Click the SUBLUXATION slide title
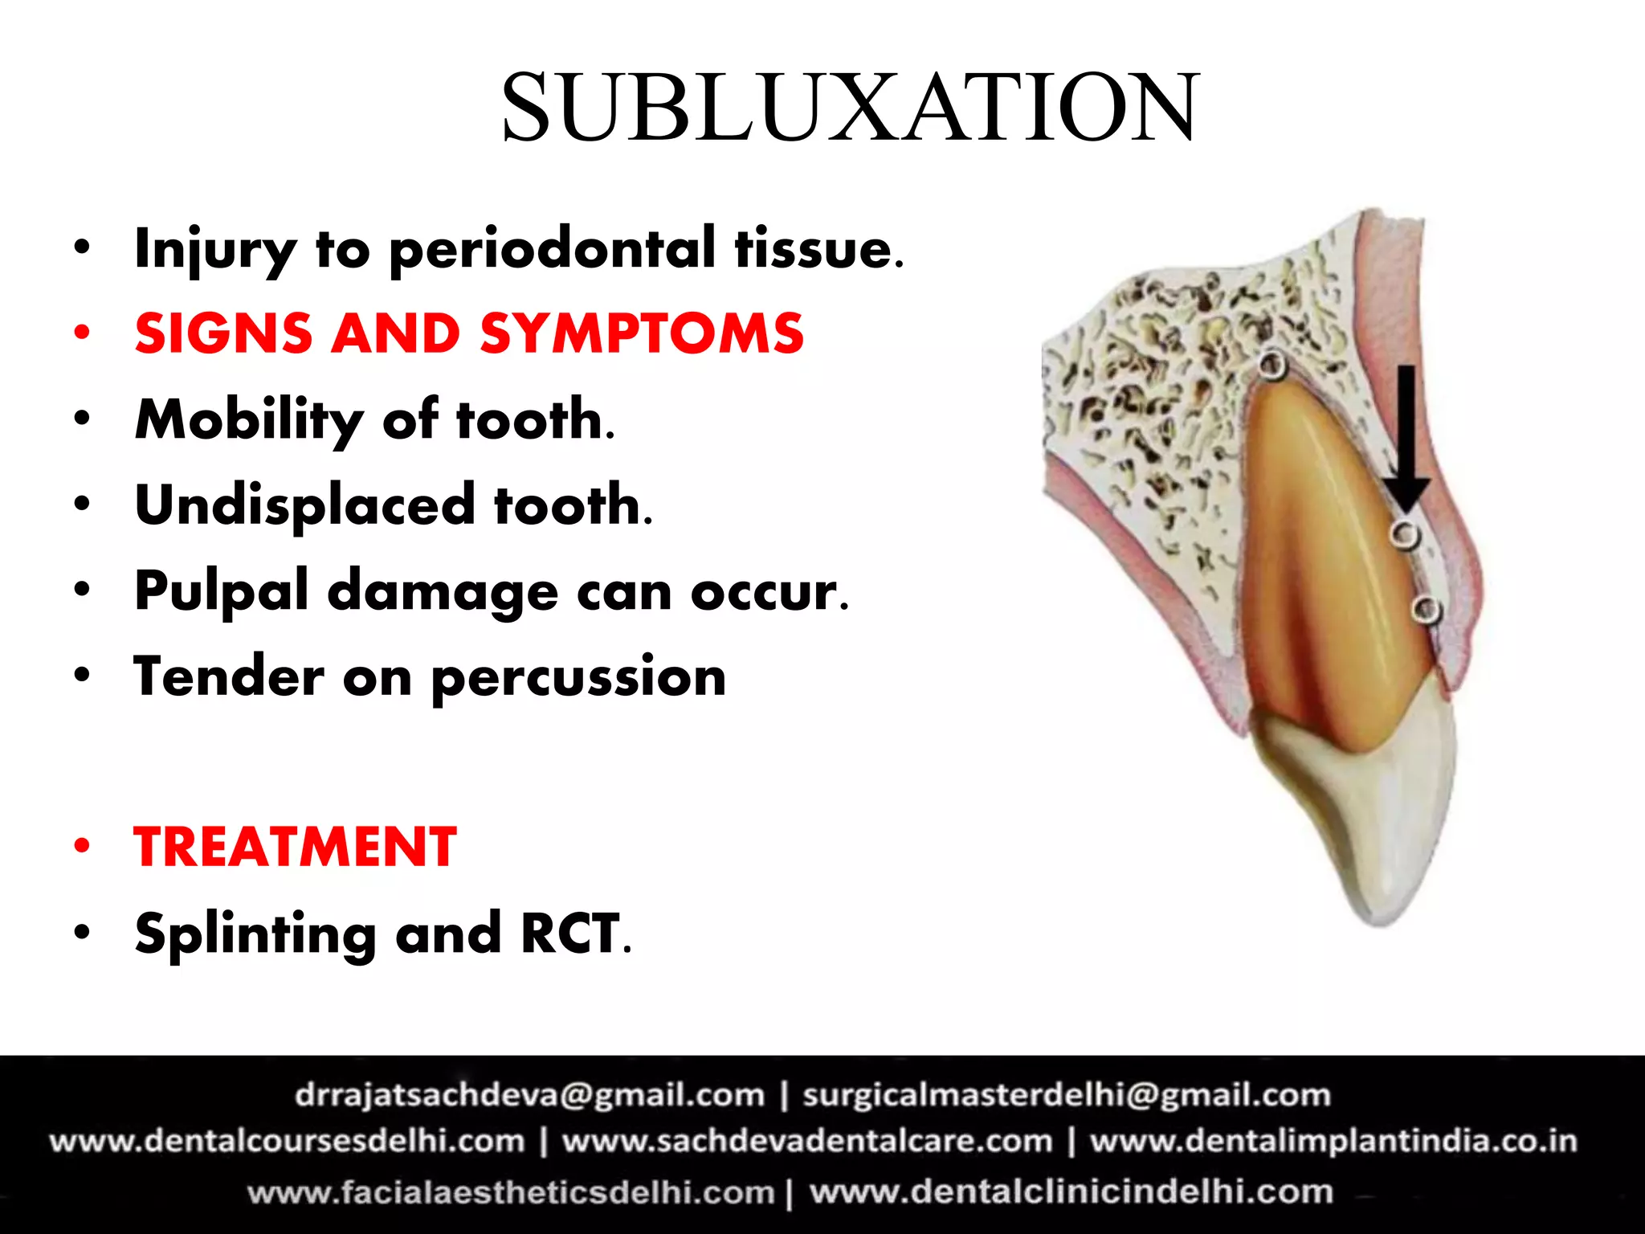850,108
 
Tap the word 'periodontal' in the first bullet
552,249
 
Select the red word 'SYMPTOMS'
642,333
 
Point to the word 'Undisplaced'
305,505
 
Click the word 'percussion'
578,677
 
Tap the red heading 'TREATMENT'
296,848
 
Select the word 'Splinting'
255,934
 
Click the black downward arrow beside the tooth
1406,438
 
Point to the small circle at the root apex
1272,366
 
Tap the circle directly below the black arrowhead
1405,534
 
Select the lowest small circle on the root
1426,610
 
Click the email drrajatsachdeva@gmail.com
530,1095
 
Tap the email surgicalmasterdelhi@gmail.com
1067,1095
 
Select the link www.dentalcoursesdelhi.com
287,1142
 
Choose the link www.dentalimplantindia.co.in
1333,1142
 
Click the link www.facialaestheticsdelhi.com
511,1191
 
